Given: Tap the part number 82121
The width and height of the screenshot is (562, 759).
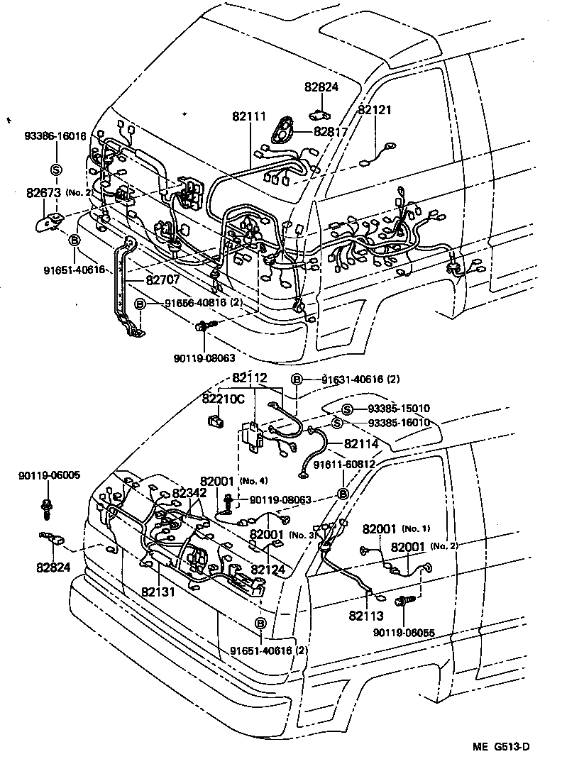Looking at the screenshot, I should pyautogui.click(x=375, y=110).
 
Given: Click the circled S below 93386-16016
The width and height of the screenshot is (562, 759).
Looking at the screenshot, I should pyautogui.click(x=55, y=169).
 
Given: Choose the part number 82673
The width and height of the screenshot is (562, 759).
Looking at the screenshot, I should pyautogui.click(x=44, y=192).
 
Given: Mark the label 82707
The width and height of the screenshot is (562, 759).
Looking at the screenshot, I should pyautogui.click(x=162, y=279).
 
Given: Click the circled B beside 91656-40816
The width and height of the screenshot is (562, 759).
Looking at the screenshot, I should pyautogui.click(x=140, y=304).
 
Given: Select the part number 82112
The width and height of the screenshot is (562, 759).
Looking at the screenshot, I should pyautogui.click(x=249, y=379).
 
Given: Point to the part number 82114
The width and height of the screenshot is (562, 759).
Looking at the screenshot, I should pyautogui.click(x=361, y=443).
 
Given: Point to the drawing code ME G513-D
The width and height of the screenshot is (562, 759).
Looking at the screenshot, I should pyautogui.click(x=502, y=747).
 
